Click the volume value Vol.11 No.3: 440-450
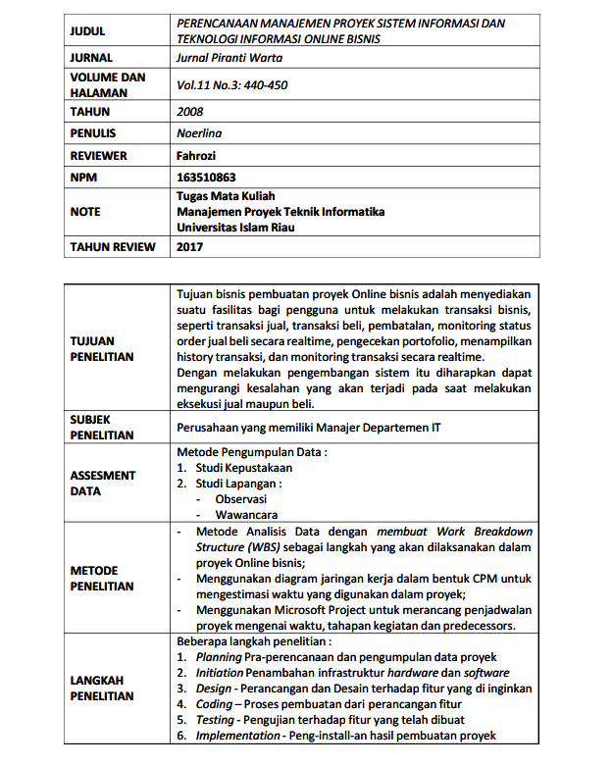click(231, 85)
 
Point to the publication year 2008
click(190, 112)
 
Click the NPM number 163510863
click(207, 178)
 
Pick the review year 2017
click(190, 247)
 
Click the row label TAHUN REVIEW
click(112, 247)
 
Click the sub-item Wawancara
click(246, 514)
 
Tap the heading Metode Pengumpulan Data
click(251, 452)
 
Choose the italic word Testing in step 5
click(215, 720)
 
